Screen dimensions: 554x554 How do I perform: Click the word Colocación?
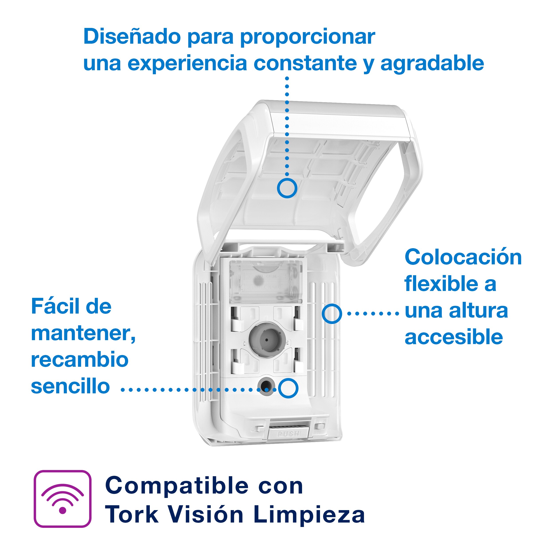[x=463, y=257]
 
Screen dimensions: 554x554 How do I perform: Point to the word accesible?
[x=454, y=337]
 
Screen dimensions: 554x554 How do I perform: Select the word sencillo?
[x=70, y=386]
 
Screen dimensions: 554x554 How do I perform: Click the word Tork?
[x=132, y=514]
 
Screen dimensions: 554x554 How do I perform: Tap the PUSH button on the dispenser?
[x=289, y=433]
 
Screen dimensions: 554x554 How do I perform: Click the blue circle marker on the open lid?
[x=287, y=188]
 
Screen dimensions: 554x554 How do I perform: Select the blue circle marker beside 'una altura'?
[x=332, y=314]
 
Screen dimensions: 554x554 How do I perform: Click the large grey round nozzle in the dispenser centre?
[x=267, y=339]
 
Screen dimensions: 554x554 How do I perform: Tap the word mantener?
[x=83, y=333]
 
